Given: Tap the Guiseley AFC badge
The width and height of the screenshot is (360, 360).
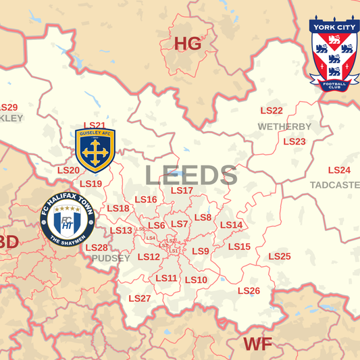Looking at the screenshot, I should (95, 151).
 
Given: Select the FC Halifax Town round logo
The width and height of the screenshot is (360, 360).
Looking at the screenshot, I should (68, 220).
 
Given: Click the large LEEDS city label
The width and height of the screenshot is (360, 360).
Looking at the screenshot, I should (191, 176).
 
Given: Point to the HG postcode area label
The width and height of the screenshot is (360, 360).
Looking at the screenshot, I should (188, 44).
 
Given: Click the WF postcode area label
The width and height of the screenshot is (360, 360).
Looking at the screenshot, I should (257, 344).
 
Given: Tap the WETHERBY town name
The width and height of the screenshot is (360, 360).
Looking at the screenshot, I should (284, 126).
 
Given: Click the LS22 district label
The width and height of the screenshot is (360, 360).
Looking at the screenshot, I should (272, 111).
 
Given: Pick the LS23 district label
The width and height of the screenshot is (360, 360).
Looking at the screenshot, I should (294, 142).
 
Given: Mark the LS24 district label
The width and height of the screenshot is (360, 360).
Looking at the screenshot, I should (339, 170).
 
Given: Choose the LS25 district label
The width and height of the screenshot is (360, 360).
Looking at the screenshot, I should (280, 256).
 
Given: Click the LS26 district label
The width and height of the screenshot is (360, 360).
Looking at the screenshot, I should (249, 290).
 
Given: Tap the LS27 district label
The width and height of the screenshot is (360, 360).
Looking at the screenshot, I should (140, 298).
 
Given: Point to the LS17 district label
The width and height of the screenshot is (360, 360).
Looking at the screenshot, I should (182, 190).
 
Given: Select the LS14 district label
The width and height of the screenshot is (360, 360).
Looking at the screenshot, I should (231, 225).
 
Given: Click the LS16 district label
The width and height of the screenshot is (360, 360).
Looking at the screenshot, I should (146, 199).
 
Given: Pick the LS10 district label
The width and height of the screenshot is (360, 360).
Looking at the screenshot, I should (196, 280).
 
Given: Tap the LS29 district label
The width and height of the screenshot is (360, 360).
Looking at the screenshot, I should (8, 107).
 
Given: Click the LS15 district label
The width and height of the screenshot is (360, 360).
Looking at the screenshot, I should (239, 247).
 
